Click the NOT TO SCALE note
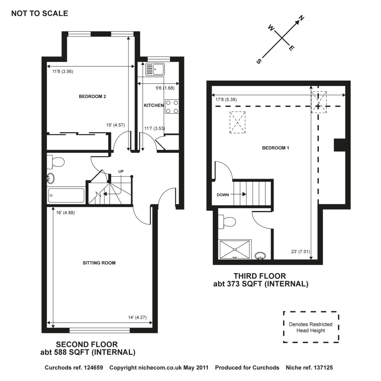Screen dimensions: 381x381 pyautogui.click(x=39, y=14)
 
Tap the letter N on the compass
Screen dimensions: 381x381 pyautogui.click(x=302, y=18)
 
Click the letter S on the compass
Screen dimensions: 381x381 pyautogui.click(x=259, y=61)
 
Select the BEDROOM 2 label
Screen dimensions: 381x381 pyautogui.click(x=93, y=97)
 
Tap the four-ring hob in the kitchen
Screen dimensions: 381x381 pyautogui.click(x=172, y=106)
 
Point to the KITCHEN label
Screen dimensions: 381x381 pyautogui.click(x=154, y=106)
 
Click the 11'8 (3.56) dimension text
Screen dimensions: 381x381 pyautogui.click(x=60, y=72)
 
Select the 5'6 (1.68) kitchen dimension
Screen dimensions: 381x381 pyautogui.click(x=164, y=88)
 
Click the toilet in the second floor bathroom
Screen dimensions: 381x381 pyautogui.click(x=56, y=162)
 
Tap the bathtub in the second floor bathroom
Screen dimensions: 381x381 pyautogui.click(x=66, y=196)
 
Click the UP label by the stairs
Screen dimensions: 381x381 pyautogui.click(x=121, y=172)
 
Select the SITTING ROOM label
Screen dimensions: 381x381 pyautogui.click(x=99, y=263)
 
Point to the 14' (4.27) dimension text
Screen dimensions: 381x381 pyautogui.click(x=138, y=317)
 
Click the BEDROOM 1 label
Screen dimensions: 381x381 pyautogui.click(x=276, y=148)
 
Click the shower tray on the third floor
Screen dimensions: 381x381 pyautogui.click(x=234, y=249)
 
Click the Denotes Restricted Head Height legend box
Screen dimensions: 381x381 pyautogui.click(x=311, y=327)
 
